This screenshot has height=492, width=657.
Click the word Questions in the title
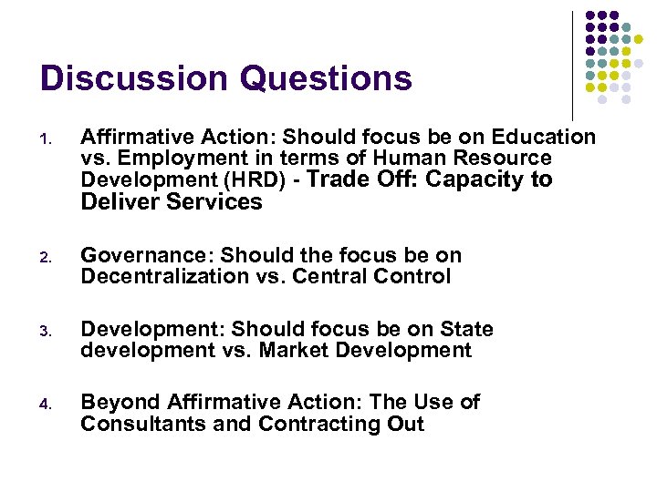pos(326,78)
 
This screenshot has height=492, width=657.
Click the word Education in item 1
pos(543,138)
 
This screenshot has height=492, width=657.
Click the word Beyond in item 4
pos(117,402)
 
